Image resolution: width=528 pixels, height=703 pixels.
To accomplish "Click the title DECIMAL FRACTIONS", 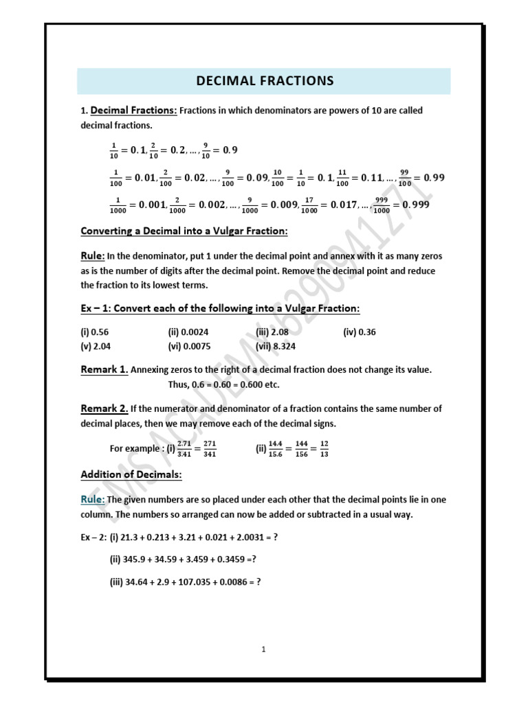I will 264,81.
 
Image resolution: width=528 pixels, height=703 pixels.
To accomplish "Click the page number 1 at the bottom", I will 263,649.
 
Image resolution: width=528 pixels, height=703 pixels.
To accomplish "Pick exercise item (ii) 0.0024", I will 188,332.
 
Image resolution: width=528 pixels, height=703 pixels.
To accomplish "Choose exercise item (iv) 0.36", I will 360,332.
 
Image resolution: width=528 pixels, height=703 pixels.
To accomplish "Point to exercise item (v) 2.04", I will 94,346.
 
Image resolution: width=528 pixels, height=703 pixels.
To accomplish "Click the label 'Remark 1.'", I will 104,369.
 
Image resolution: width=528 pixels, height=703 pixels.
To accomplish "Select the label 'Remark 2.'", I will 104,408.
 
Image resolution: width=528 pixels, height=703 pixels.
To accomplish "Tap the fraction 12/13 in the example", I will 324,448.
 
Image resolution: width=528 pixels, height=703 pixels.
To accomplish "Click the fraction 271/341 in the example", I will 208,448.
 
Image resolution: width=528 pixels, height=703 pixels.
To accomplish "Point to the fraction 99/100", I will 404,178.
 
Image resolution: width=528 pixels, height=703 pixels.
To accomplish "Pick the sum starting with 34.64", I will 185,582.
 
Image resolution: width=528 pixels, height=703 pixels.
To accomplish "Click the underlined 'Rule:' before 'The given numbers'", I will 93,499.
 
